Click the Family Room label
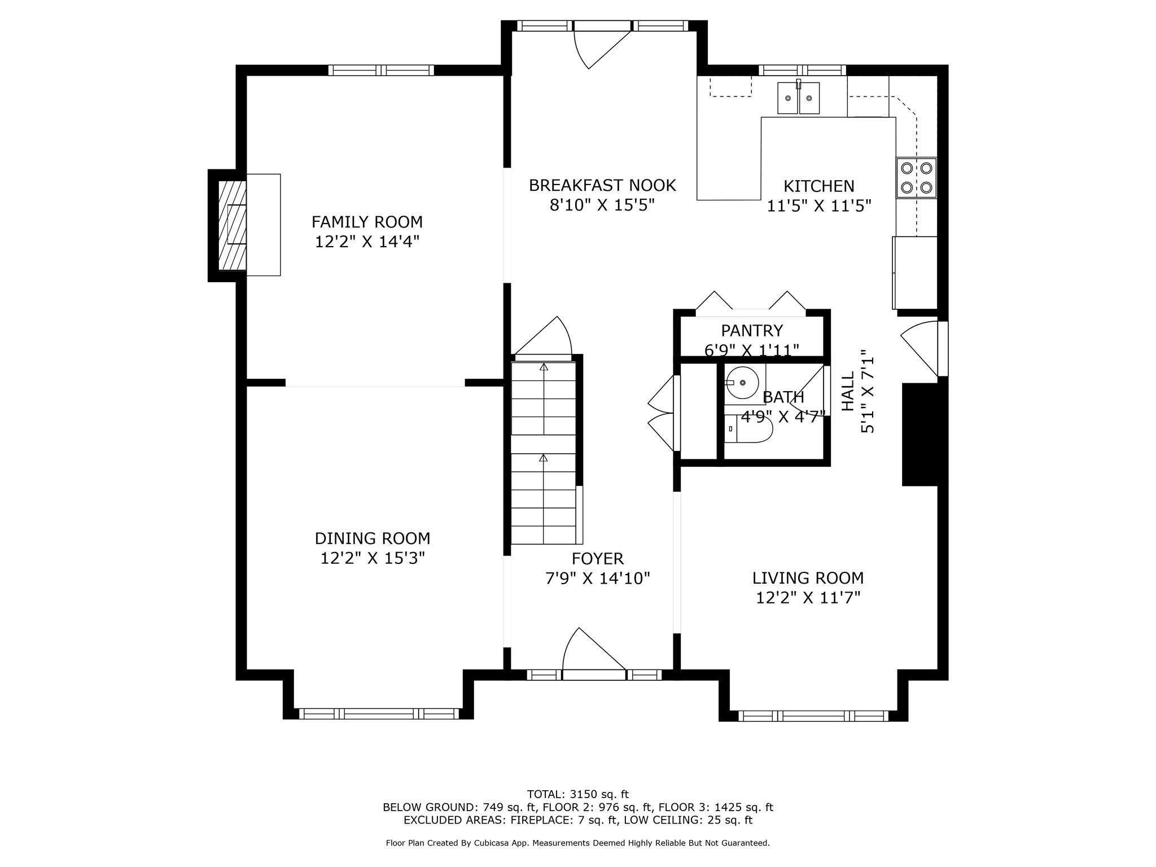tap(367, 221)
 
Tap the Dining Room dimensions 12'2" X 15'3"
tap(373, 558)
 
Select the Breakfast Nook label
tap(602, 185)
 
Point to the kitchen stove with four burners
tap(916, 177)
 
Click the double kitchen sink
tap(798, 98)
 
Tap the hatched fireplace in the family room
tap(232, 225)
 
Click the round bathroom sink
tap(742, 383)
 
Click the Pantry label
tap(752, 330)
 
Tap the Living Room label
tap(808, 578)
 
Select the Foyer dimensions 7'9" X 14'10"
tap(598, 579)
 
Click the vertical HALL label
tap(848, 391)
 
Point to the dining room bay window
tap(379, 713)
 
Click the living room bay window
tap(813, 716)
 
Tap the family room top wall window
tap(381, 70)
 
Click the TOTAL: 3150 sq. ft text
tap(577, 795)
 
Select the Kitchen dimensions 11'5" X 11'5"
tap(819, 205)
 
